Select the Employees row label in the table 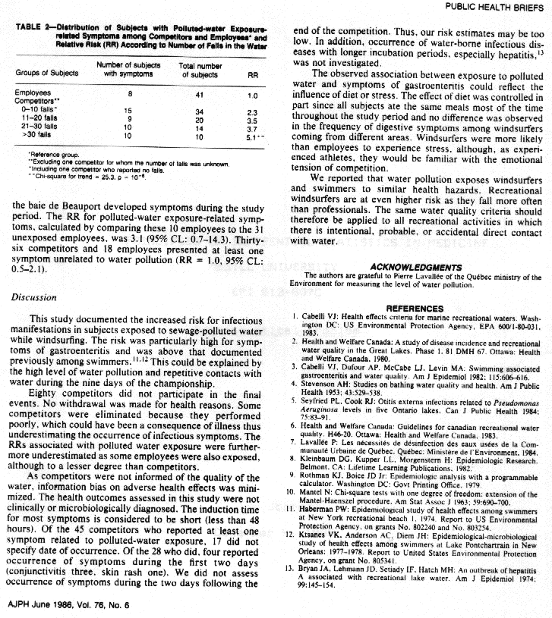(x=31, y=93)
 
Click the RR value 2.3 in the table (x=253, y=111)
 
